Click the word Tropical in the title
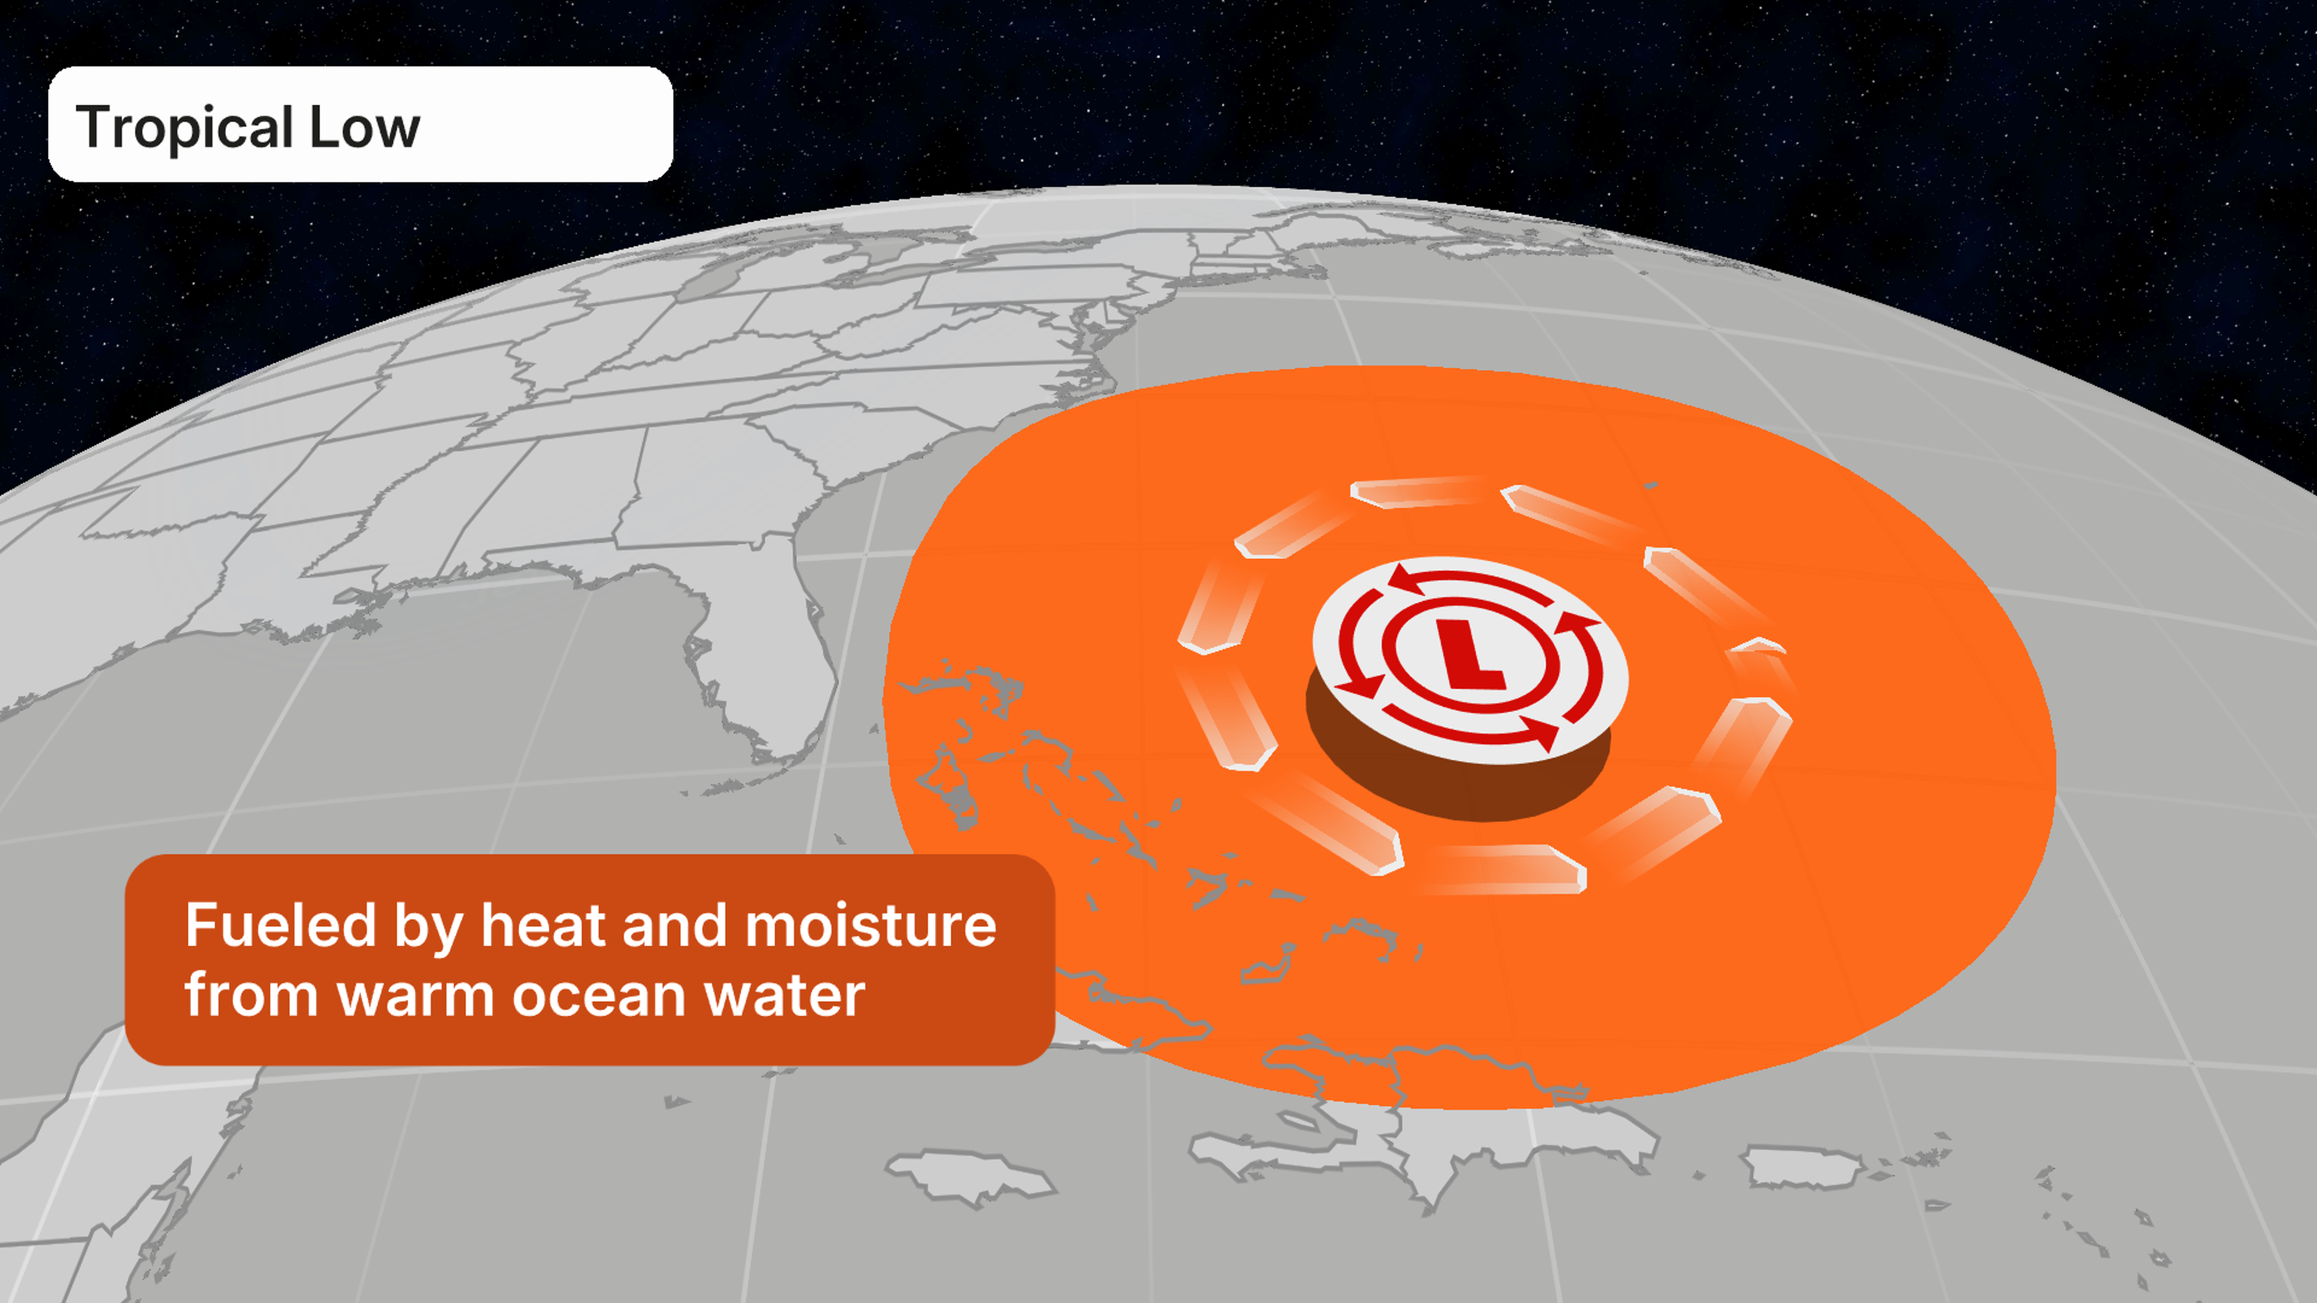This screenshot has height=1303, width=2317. coord(185,128)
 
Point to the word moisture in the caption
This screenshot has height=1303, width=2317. coord(871,925)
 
